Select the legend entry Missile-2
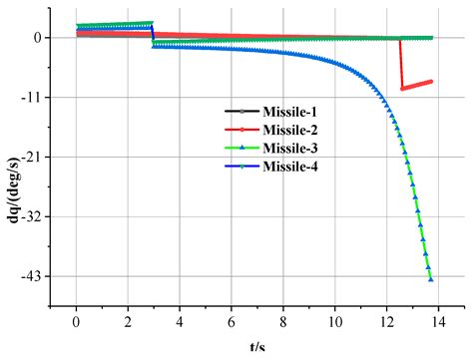tap(263, 131)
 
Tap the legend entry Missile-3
tap(263, 149)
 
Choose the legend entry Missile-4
tap(263, 167)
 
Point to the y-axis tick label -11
tap(30, 97)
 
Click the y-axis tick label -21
tap(30, 157)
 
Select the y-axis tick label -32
tap(30, 216)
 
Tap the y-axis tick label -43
tap(30, 276)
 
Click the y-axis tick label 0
tap(36, 38)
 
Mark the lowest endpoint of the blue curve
tap(431, 279)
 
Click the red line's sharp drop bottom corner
tap(402, 89)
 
